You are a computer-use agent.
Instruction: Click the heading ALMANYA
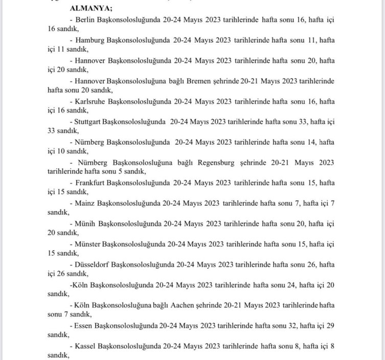[93, 8]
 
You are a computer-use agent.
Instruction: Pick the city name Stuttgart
[87, 122]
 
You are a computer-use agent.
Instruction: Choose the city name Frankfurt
[90, 183]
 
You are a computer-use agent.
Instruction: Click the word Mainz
[84, 203]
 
